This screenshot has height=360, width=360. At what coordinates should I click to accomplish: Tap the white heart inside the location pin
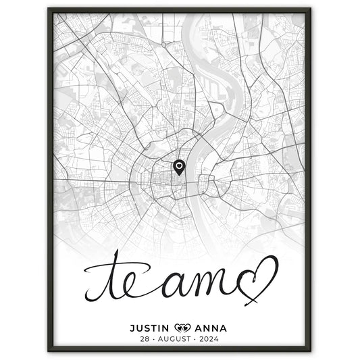pyautogui.click(x=179, y=164)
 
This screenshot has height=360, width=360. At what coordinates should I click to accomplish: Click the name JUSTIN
pyautogui.click(x=149, y=328)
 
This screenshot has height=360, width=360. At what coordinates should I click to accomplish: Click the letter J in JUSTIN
pyautogui.click(x=132, y=328)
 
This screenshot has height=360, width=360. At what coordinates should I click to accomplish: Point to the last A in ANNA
pyautogui.click(x=223, y=328)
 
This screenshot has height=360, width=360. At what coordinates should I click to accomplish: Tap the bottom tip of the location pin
pyautogui.click(x=179, y=175)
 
